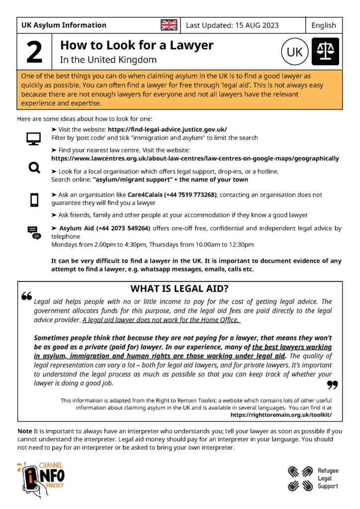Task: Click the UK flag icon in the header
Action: point(169,25)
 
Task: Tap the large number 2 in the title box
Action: point(34,52)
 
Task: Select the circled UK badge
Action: point(294,52)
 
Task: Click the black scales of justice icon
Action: point(325,52)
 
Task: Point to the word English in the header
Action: point(324,25)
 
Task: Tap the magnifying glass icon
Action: point(34,168)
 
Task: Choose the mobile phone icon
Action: point(34,200)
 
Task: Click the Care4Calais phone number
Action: point(191,195)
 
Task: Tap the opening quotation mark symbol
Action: point(27,296)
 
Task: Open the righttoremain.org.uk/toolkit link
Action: point(281,415)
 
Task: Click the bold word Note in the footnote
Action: point(24,430)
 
